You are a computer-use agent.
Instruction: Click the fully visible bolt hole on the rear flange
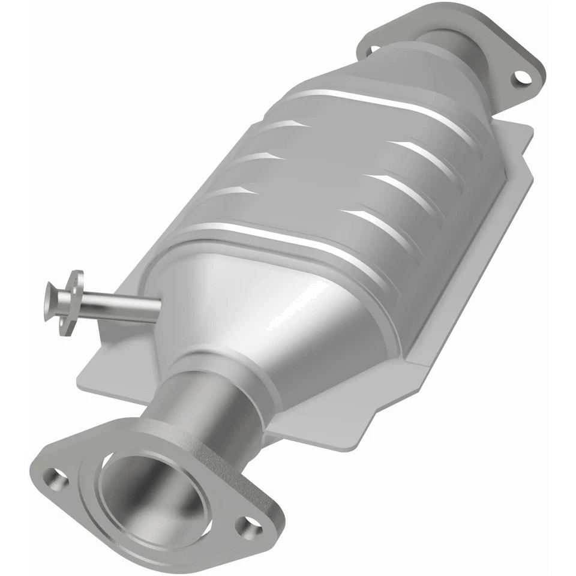point(521,77)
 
